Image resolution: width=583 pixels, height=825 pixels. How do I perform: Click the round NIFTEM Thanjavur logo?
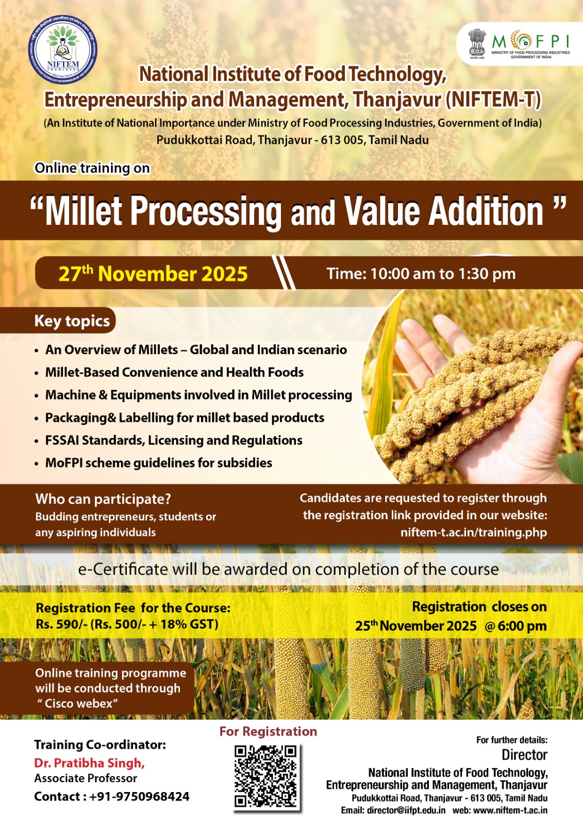[x=62, y=49]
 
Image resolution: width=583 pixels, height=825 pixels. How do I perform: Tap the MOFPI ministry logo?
[x=520, y=44]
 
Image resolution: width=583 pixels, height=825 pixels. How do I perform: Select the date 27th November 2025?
[x=153, y=274]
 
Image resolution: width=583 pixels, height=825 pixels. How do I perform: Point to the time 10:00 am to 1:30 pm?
[x=421, y=274]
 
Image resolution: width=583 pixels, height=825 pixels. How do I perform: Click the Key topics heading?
[x=72, y=321]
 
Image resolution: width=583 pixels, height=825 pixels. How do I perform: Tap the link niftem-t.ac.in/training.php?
[x=474, y=532]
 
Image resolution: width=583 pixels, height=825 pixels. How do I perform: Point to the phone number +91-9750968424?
[x=139, y=796]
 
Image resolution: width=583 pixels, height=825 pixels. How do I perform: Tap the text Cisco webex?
[x=78, y=703]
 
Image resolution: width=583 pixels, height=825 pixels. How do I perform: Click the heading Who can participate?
[x=103, y=499]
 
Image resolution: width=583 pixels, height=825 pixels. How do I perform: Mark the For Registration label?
[x=268, y=731]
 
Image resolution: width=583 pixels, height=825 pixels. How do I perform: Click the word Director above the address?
[x=524, y=755]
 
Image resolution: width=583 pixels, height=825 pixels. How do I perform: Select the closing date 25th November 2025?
[x=416, y=625]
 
